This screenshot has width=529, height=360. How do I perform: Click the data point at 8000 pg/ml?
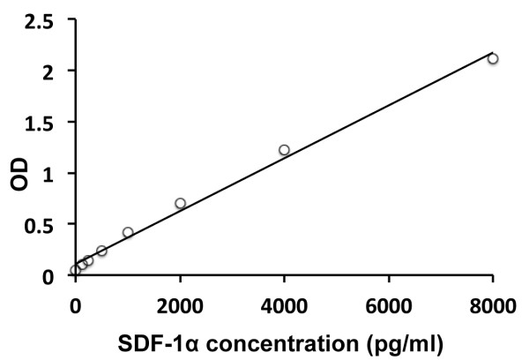point(493,59)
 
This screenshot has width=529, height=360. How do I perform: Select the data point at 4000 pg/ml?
point(284,150)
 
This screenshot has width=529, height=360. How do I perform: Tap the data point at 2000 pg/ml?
point(180,203)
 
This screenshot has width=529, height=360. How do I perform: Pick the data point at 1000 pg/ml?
point(128,232)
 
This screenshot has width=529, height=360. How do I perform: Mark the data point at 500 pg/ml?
point(101,251)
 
